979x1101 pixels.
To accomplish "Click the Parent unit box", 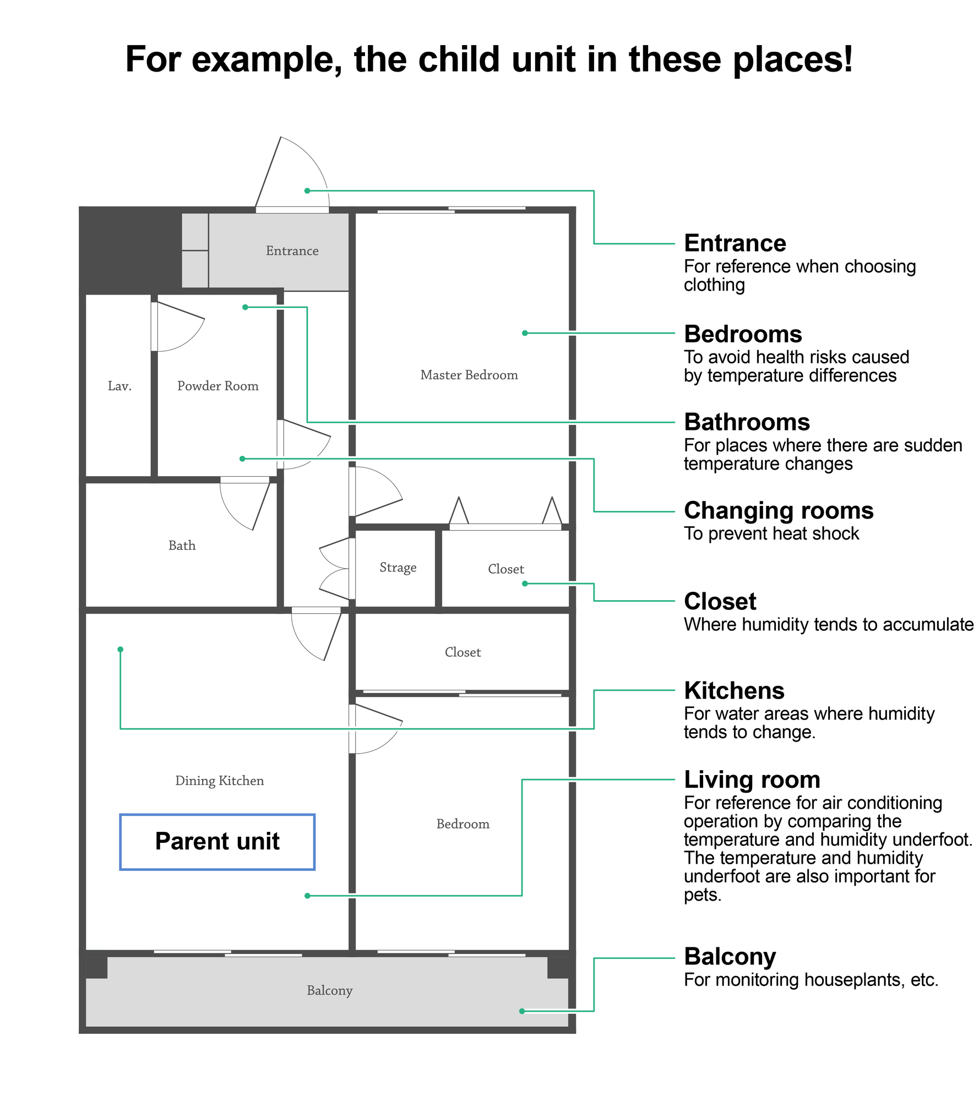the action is click(217, 842).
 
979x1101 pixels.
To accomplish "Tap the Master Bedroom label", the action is click(469, 375).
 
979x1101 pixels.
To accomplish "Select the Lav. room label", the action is click(119, 386).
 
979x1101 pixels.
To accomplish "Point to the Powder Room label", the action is click(218, 386).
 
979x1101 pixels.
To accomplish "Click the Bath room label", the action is click(182, 546).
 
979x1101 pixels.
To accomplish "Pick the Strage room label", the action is click(398, 568).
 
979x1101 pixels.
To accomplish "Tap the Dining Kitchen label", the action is click(220, 781).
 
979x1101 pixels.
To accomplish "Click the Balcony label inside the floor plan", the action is click(330, 990).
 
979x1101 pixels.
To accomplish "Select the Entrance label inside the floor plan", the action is click(292, 251).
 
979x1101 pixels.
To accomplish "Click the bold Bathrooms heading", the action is click(747, 422).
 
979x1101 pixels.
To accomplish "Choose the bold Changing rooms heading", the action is click(779, 511).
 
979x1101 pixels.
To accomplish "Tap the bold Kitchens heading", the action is click(735, 690).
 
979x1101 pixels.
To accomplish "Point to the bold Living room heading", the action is click(752, 780).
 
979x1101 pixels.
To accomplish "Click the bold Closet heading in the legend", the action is click(720, 601).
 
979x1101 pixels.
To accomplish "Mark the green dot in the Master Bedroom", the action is click(525, 333).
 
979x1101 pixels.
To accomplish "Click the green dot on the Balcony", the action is click(522, 1011).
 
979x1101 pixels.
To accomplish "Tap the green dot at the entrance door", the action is click(307, 190).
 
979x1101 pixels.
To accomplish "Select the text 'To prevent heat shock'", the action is click(771, 533).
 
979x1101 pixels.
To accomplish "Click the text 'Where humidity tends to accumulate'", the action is click(829, 624).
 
